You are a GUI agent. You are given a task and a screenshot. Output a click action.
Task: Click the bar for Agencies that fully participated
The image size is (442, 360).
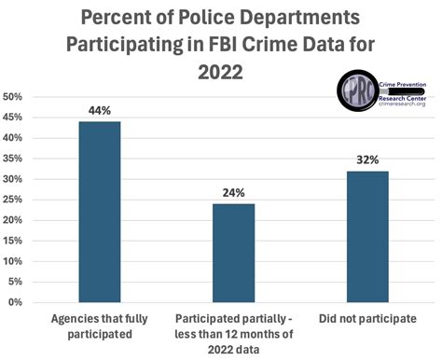(x=100, y=212)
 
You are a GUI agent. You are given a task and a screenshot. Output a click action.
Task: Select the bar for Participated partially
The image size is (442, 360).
(x=234, y=253)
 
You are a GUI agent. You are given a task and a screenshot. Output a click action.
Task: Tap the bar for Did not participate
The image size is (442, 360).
(x=367, y=236)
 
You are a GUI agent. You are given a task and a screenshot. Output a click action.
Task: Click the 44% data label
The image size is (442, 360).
(x=100, y=111)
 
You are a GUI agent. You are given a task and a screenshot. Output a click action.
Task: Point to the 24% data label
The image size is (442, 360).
(x=234, y=193)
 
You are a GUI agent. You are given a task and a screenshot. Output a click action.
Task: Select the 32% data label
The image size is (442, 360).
(x=367, y=159)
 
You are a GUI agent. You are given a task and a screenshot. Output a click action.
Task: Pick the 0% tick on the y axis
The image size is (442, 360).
(x=14, y=302)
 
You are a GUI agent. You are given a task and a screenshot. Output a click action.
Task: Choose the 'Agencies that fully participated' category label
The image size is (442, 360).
(x=100, y=326)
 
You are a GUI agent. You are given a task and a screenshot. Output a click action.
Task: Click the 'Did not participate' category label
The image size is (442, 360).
(x=367, y=320)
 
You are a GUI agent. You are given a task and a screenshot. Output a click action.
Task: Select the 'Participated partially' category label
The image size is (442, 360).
(x=234, y=326)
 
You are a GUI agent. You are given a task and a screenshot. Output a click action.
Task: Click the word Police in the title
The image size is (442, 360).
(x=216, y=17)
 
